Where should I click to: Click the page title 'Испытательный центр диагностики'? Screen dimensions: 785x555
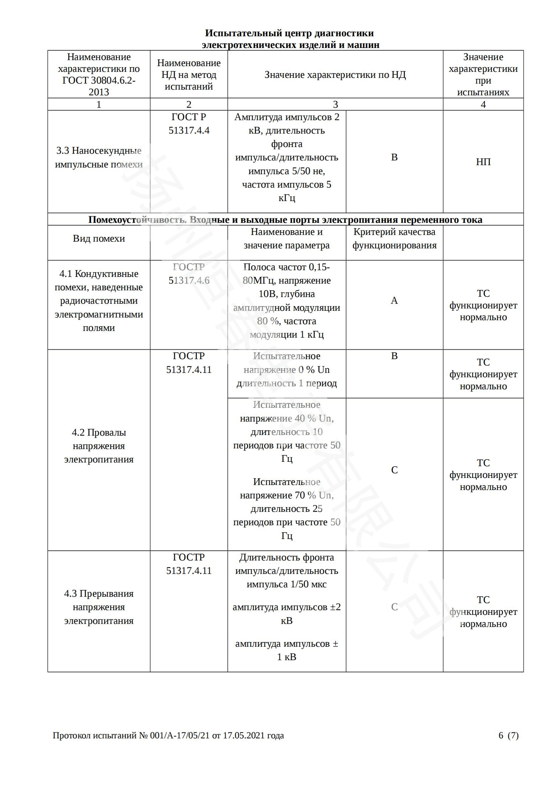[289, 33]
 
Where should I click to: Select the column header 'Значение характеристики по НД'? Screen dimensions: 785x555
[335, 75]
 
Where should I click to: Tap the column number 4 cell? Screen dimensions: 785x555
[483, 104]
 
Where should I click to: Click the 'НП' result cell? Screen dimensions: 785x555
[483, 162]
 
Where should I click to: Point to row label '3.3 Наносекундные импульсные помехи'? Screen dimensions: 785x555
[99, 158]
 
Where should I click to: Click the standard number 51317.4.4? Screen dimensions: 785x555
[189, 131]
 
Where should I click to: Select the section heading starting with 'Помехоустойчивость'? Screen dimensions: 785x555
[285, 219]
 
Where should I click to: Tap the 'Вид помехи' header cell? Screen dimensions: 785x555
[99, 238]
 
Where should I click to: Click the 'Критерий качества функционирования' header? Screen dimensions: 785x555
[394, 238]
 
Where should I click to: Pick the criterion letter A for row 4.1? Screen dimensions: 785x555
[394, 300]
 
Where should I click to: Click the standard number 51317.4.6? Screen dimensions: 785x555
[189, 280]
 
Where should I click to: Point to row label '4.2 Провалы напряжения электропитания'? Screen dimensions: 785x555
[99, 446]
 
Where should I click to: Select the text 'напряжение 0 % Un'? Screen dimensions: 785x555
[286, 370]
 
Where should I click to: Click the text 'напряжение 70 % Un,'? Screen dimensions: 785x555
[286, 495]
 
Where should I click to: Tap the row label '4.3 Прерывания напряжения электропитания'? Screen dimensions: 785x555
[99, 607]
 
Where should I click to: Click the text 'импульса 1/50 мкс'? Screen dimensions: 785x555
[286, 584]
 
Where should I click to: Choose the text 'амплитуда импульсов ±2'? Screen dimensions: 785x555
[286, 607]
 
